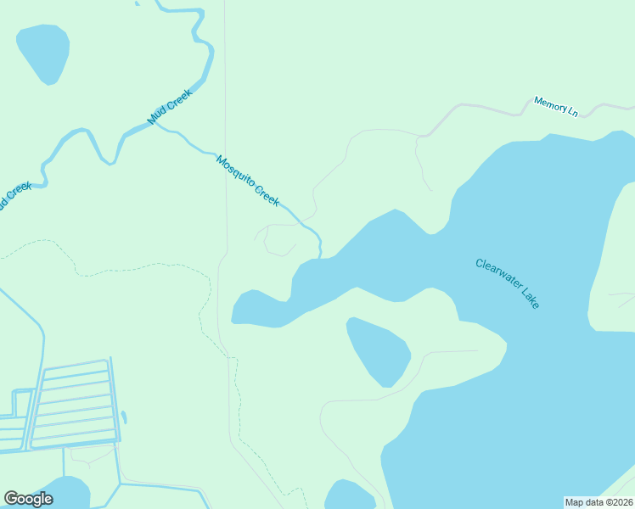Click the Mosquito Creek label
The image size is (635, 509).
248,180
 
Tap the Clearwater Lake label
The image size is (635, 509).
508,283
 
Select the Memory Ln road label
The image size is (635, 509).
556,107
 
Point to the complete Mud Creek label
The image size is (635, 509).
171,107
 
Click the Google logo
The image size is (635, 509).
28,499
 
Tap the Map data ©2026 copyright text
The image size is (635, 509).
598,502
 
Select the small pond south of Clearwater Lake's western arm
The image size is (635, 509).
378,350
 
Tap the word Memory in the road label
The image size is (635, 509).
548,104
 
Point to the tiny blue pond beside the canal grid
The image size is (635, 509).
124,417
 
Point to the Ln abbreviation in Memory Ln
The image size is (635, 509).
571,111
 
